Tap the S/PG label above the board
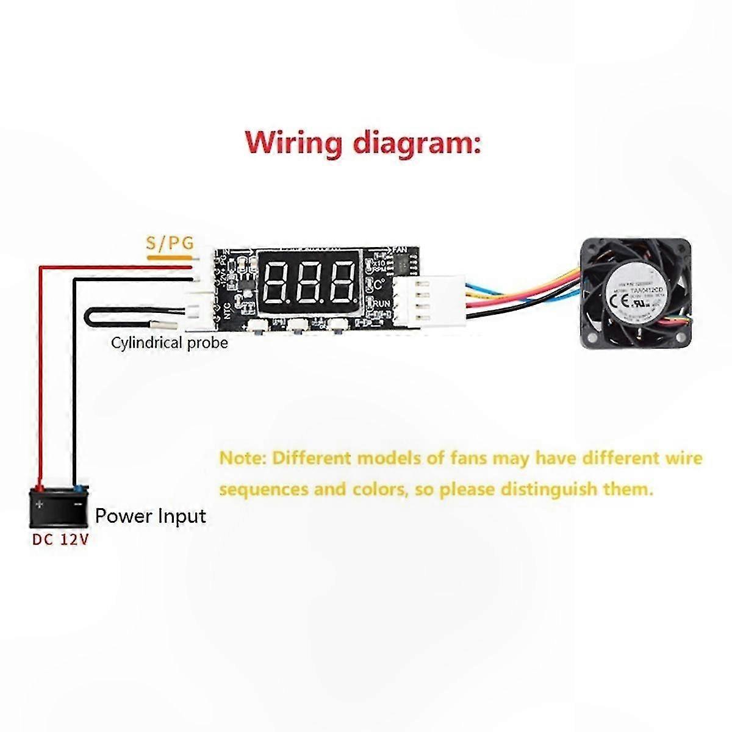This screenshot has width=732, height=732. point(169,243)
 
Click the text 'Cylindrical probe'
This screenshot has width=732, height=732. point(169,343)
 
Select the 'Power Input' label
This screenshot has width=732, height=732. point(151,516)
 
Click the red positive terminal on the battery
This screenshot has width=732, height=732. point(39,488)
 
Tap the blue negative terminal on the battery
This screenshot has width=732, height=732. point(77,488)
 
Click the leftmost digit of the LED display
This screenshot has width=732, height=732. point(279,284)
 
